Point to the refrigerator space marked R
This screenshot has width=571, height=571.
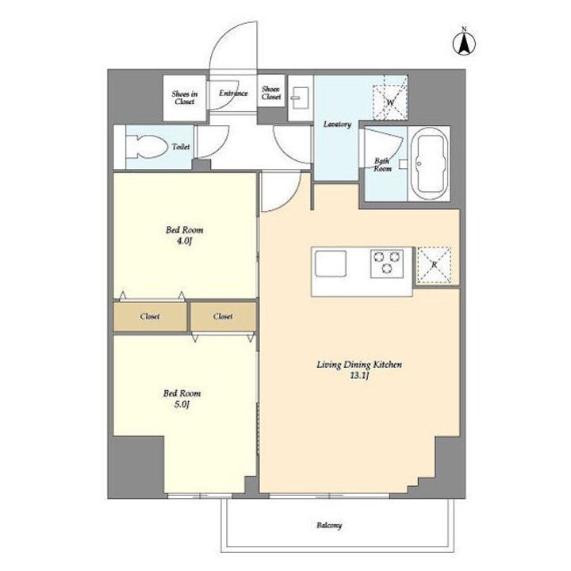(434, 265)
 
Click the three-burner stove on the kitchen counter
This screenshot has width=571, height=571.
(387, 263)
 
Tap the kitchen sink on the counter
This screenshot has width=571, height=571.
(331, 263)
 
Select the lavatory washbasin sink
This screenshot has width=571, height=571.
(301, 98)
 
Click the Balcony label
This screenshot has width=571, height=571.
(329, 525)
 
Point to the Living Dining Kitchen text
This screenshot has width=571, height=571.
(359, 365)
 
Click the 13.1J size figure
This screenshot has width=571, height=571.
(359, 376)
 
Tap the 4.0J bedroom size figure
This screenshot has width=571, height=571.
(184, 241)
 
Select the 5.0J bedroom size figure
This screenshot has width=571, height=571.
(182, 404)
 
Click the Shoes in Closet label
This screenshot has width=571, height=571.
(185, 98)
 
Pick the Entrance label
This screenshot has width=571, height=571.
(233, 94)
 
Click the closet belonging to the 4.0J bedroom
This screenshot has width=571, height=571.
(151, 316)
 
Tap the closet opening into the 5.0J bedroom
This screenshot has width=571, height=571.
(223, 316)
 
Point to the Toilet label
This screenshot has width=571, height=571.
(181, 147)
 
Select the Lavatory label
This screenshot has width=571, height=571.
(337, 125)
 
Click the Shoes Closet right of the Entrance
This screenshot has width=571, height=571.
(271, 93)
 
